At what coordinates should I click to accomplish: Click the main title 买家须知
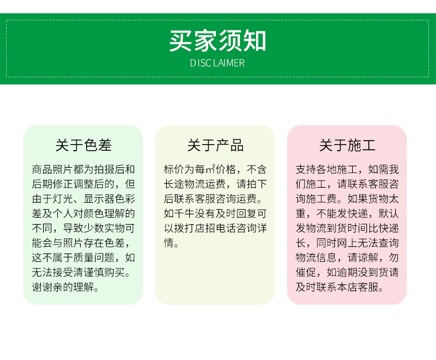[217, 41]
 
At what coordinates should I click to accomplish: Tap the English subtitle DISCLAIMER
[217, 63]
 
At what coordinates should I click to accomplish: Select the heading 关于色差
[83, 145]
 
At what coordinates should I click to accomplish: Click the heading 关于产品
[215, 145]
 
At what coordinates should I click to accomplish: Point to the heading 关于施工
[347, 145]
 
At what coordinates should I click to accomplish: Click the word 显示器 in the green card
[99, 199]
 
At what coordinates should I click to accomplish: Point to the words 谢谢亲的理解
[63, 287]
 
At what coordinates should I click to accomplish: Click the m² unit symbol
[210, 169]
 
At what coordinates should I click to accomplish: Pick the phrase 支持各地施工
[326, 169]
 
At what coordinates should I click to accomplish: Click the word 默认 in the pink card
[389, 213]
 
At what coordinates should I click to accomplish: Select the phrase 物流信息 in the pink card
[316, 257]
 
